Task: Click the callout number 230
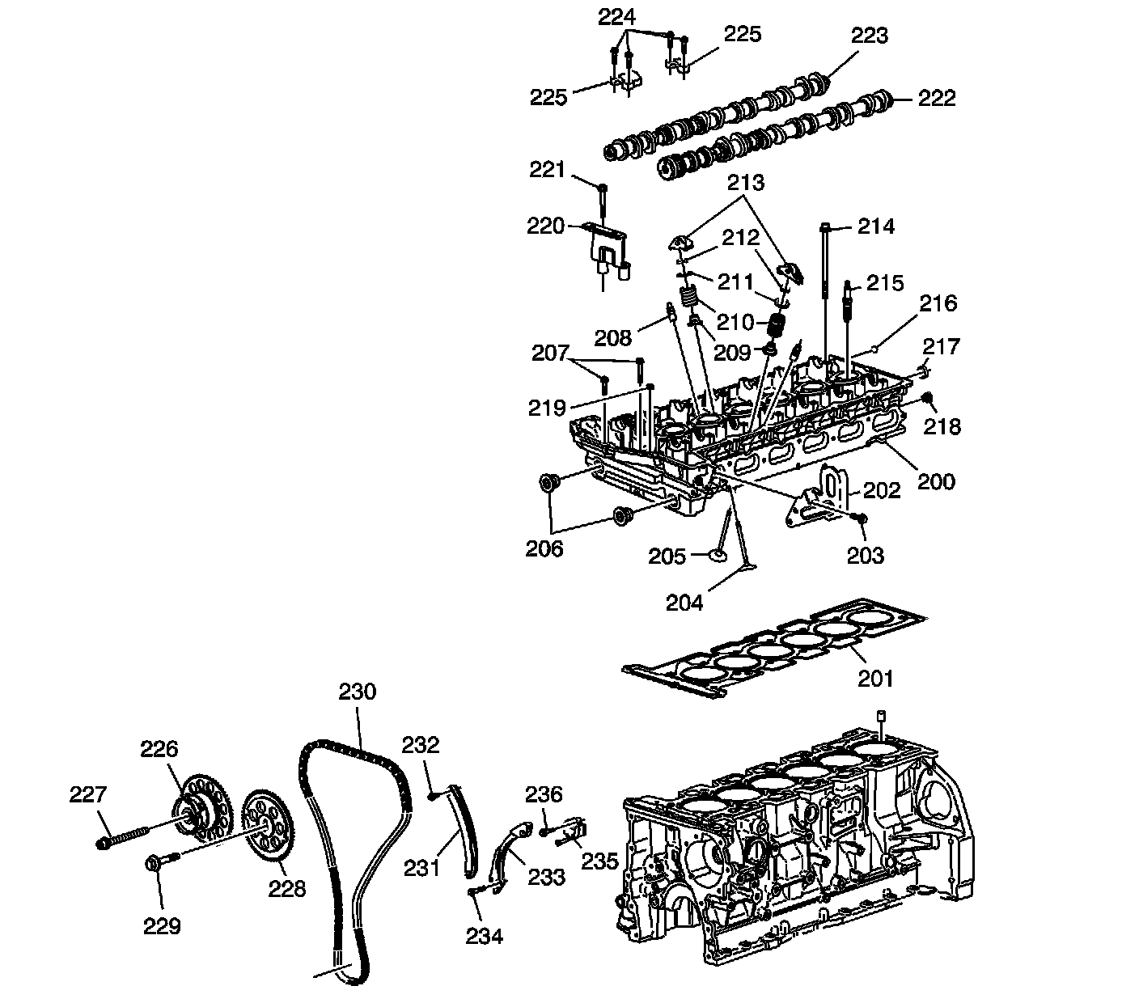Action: coord(357,692)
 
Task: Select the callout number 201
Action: coord(874,678)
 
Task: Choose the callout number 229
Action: coord(162,926)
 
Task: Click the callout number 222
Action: coord(937,99)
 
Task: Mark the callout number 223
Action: coord(870,36)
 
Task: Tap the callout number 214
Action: coord(876,226)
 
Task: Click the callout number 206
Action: coord(544,548)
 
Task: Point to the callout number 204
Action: coord(684,602)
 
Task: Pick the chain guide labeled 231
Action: coord(462,833)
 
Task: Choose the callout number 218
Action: coord(942,426)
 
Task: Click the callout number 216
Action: coord(938,304)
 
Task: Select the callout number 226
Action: coord(159,748)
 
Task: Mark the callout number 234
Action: coord(484,936)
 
